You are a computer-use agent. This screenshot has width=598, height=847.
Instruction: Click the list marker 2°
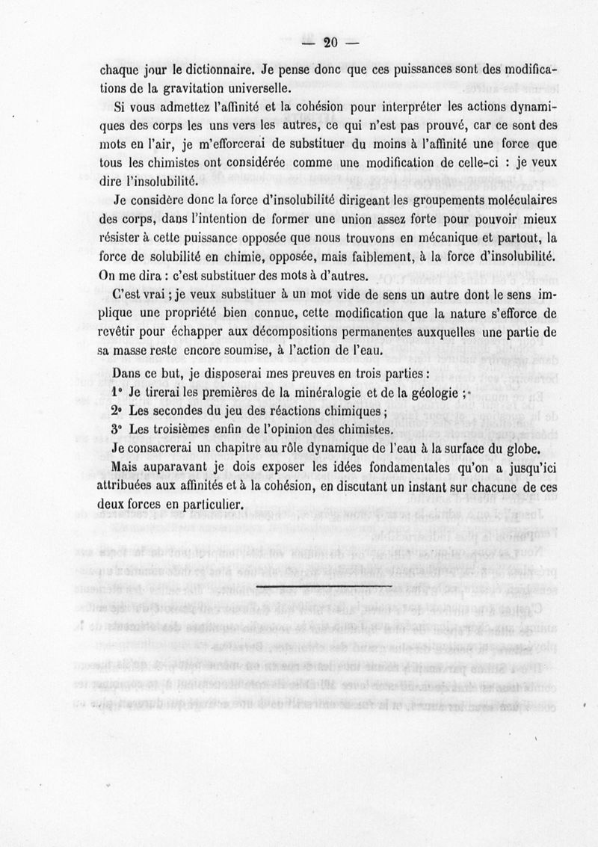click(116, 412)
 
